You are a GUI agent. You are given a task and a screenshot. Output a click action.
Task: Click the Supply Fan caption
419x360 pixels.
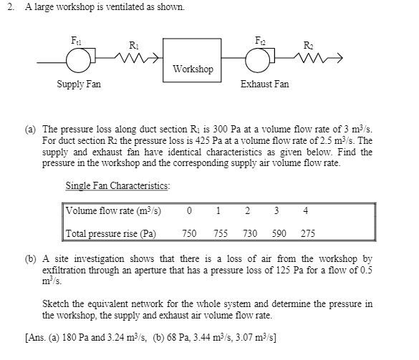tap(79, 84)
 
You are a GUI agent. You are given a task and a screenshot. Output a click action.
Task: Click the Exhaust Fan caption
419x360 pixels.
tap(264, 84)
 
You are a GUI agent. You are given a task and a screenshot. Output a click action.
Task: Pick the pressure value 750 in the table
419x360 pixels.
tap(190, 234)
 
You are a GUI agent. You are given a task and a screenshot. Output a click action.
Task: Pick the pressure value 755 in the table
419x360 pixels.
tap(220, 234)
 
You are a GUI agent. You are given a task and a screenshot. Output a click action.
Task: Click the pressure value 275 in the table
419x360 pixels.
tap(307, 234)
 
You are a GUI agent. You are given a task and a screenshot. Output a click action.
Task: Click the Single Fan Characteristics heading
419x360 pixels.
tap(117, 186)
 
